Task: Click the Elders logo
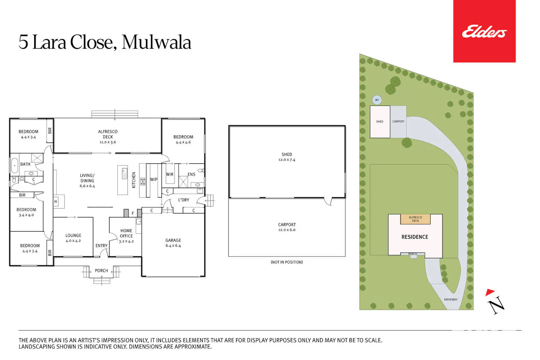(484, 31)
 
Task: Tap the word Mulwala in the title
(157, 42)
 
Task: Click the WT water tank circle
(377, 100)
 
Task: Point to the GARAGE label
(173, 240)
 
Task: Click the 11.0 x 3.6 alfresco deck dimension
(108, 142)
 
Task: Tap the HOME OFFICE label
(126, 233)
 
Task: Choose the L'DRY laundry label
(184, 200)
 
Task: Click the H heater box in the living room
(56, 202)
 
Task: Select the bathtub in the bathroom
(15, 166)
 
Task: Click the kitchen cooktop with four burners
(143, 181)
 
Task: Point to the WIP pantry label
(154, 179)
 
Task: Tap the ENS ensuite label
(192, 174)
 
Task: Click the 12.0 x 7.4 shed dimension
(287, 159)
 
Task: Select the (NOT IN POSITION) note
(287, 262)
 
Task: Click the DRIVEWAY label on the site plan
(451, 300)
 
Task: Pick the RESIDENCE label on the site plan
(415, 237)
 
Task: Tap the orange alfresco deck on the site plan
(415, 219)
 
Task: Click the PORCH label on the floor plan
(101, 271)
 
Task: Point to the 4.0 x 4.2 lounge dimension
(73, 240)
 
